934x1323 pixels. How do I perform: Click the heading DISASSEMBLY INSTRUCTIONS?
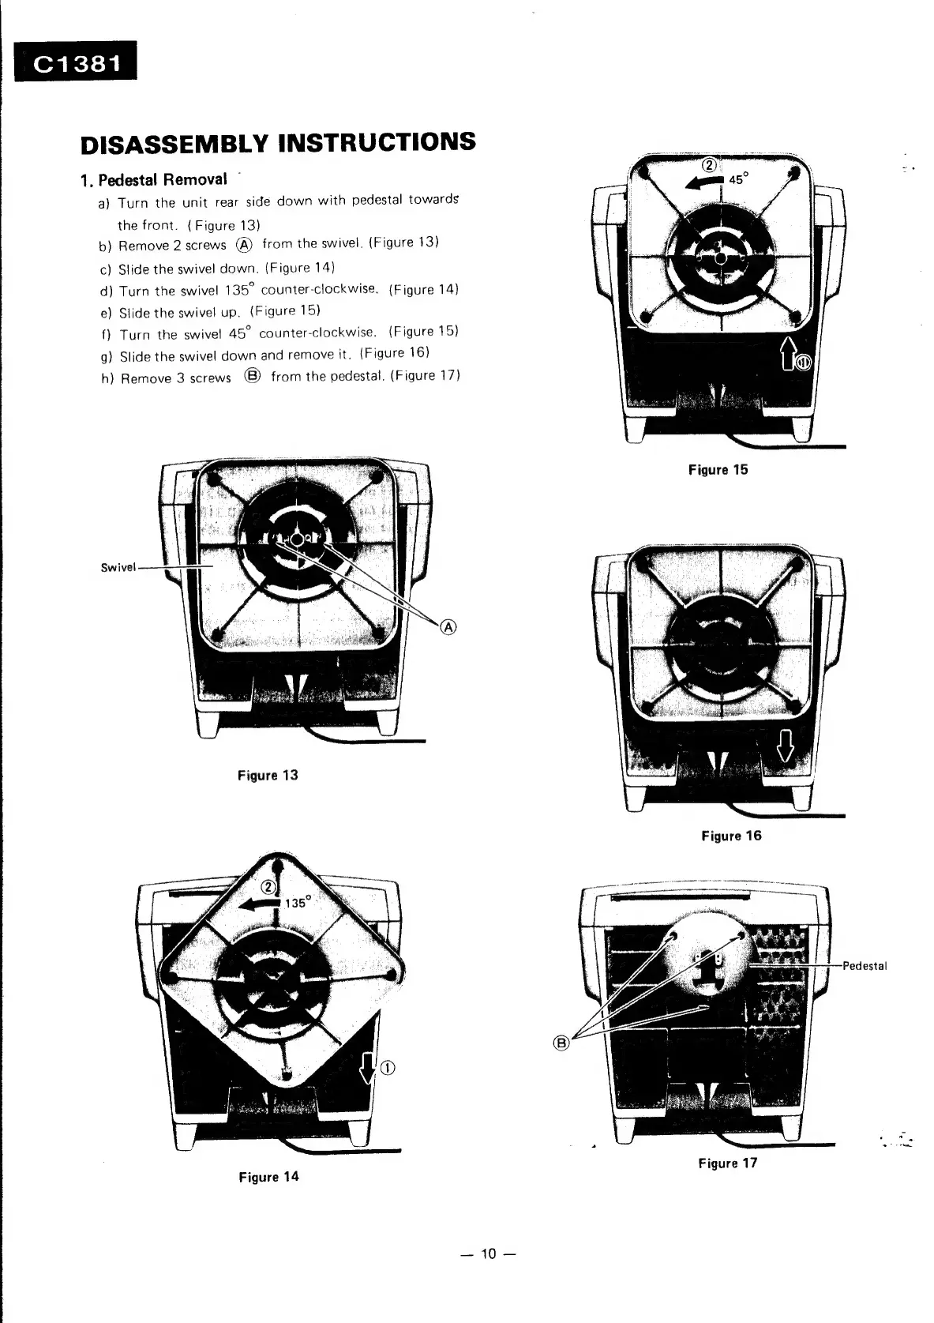pos(278,143)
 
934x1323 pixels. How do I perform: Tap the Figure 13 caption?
pos(268,775)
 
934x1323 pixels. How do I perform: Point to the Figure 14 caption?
pos(268,1177)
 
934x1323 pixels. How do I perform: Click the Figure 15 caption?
pos(717,470)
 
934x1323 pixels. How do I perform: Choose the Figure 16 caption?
pos(731,836)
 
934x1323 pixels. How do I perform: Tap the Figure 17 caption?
pos(727,1163)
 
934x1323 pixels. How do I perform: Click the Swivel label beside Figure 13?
pos(118,567)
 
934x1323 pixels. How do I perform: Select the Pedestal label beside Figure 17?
pos(865,965)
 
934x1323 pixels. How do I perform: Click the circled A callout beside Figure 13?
pos(448,627)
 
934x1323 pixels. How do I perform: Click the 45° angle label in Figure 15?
pos(737,179)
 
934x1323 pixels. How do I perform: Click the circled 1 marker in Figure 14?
pos(388,1068)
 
